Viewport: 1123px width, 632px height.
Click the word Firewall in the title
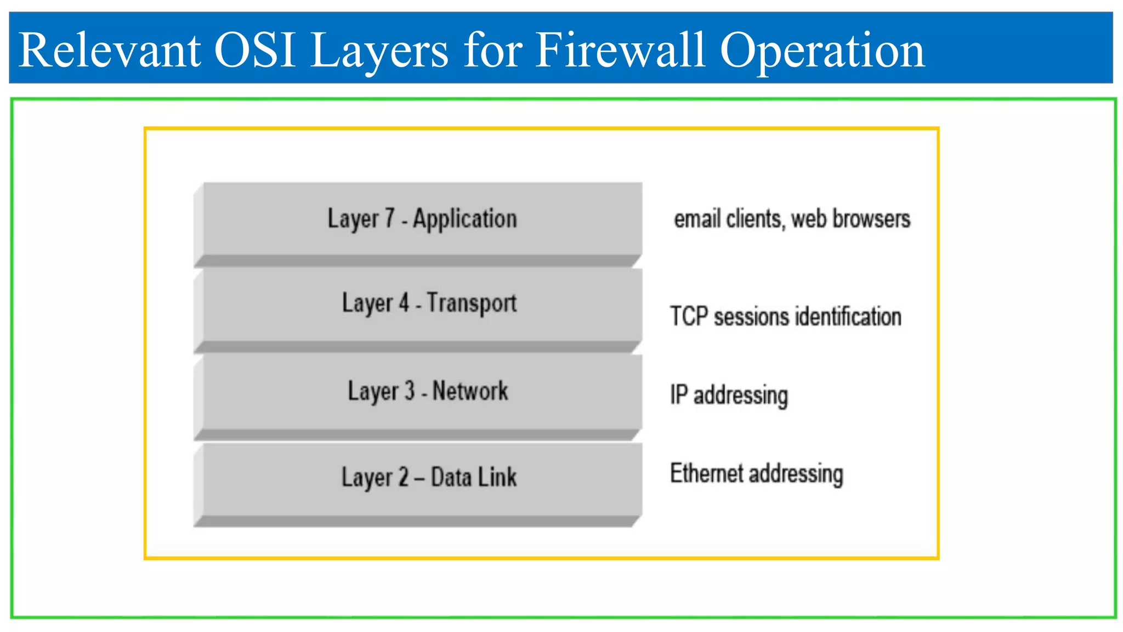[x=620, y=50]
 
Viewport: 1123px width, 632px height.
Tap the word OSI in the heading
[x=254, y=50]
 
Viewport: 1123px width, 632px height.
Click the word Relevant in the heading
[x=109, y=50]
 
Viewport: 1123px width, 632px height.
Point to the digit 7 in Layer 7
[x=389, y=218]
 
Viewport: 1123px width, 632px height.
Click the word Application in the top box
[x=464, y=219]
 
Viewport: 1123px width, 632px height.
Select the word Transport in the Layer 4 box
[x=472, y=303]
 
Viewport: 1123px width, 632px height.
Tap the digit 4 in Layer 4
[x=404, y=303]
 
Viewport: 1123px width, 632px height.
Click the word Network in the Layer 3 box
[x=470, y=391]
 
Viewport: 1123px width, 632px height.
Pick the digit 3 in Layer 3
[x=409, y=391]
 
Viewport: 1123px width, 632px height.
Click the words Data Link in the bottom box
[x=474, y=477]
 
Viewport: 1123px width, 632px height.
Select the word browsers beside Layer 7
[x=871, y=218]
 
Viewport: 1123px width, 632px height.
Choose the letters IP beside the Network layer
[x=678, y=394]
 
